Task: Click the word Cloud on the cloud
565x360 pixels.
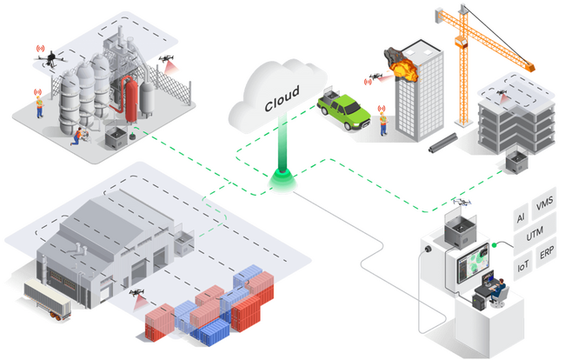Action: [x=282, y=98]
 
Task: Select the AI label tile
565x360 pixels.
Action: [x=521, y=217]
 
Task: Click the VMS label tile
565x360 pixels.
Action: [x=544, y=203]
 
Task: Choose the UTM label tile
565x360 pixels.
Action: [x=535, y=234]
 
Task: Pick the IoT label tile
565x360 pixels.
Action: [x=522, y=266]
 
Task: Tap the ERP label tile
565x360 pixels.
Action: [x=546, y=253]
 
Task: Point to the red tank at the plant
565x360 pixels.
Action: [x=131, y=100]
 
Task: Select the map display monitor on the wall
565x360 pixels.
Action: [x=473, y=263]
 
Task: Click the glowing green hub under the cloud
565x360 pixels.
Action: [x=282, y=179]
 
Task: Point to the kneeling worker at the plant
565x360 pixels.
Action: [x=77, y=136]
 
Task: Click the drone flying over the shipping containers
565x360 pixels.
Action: [x=137, y=292]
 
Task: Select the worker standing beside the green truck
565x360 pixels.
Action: [x=383, y=123]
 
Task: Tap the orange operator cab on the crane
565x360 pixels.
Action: [x=461, y=42]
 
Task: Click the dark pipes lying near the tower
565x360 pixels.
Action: [x=443, y=143]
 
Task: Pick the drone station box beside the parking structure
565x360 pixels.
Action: [x=516, y=160]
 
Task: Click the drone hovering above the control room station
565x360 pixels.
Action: [x=462, y=202]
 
